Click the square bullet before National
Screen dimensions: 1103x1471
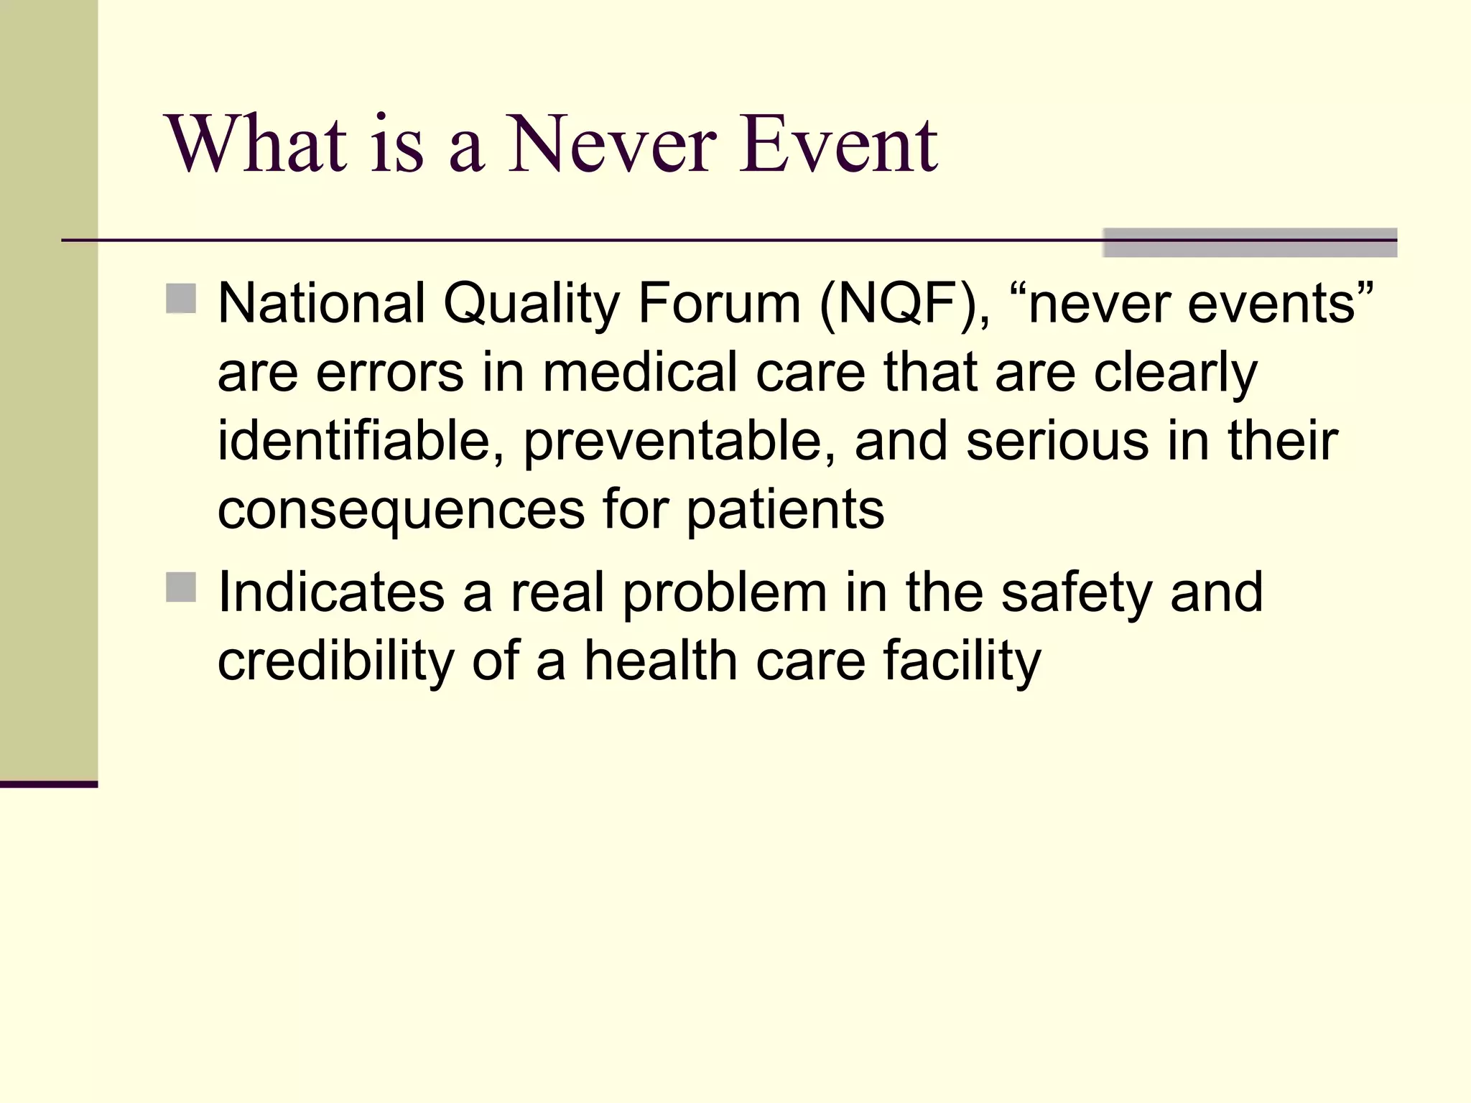(181, 299)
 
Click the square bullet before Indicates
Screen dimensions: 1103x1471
(181, 587)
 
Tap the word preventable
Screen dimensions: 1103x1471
(679, 442)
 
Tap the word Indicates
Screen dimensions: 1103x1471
(331, 592)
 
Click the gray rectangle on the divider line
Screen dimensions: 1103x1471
(1249, 243)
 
